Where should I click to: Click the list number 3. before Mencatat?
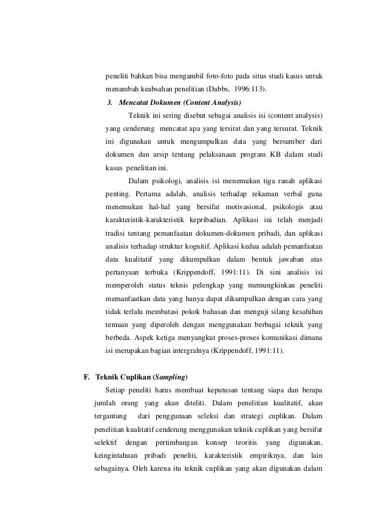pyautogui.click(x=110, y=102)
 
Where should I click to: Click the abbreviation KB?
pyautogui.click(x=265, y=154)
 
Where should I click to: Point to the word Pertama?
pyautogui.click(x=150, y=193)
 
